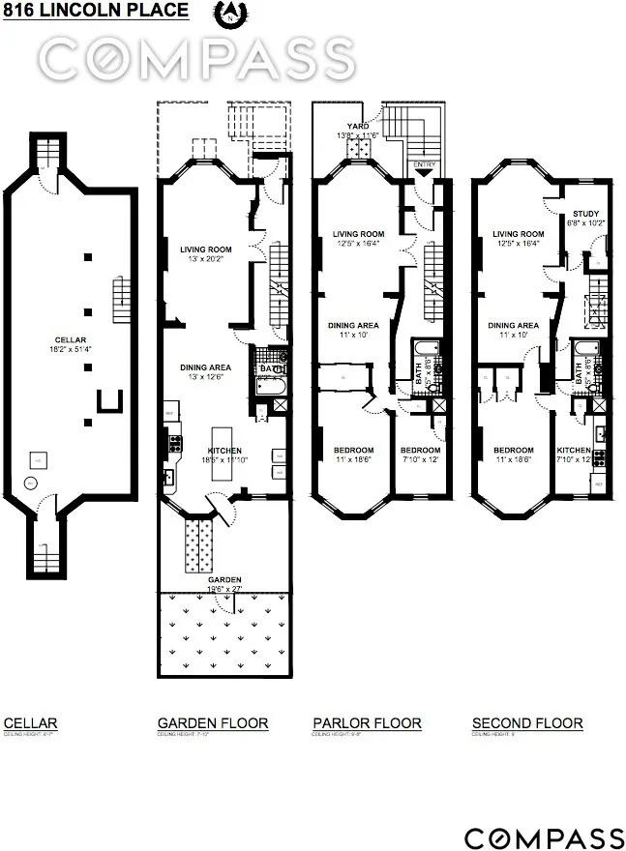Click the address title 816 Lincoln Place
pos(95,12)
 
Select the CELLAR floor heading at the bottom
pos(31,723)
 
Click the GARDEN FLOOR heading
pos(213,723)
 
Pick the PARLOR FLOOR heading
pos(367,723)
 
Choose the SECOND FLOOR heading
pos(527,723)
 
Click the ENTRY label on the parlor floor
pos(424,165)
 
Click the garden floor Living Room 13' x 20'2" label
pos(220,253)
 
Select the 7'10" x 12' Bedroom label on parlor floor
pos(421,455)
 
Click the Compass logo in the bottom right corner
pos(544,837)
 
